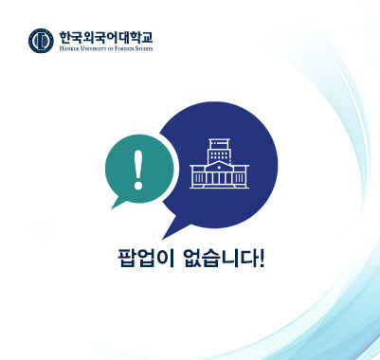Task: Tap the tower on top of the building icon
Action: pos(219,147)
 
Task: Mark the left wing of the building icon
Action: pos(199,175)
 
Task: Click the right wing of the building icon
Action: pos(239,175)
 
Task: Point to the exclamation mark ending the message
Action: pos(261,257)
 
